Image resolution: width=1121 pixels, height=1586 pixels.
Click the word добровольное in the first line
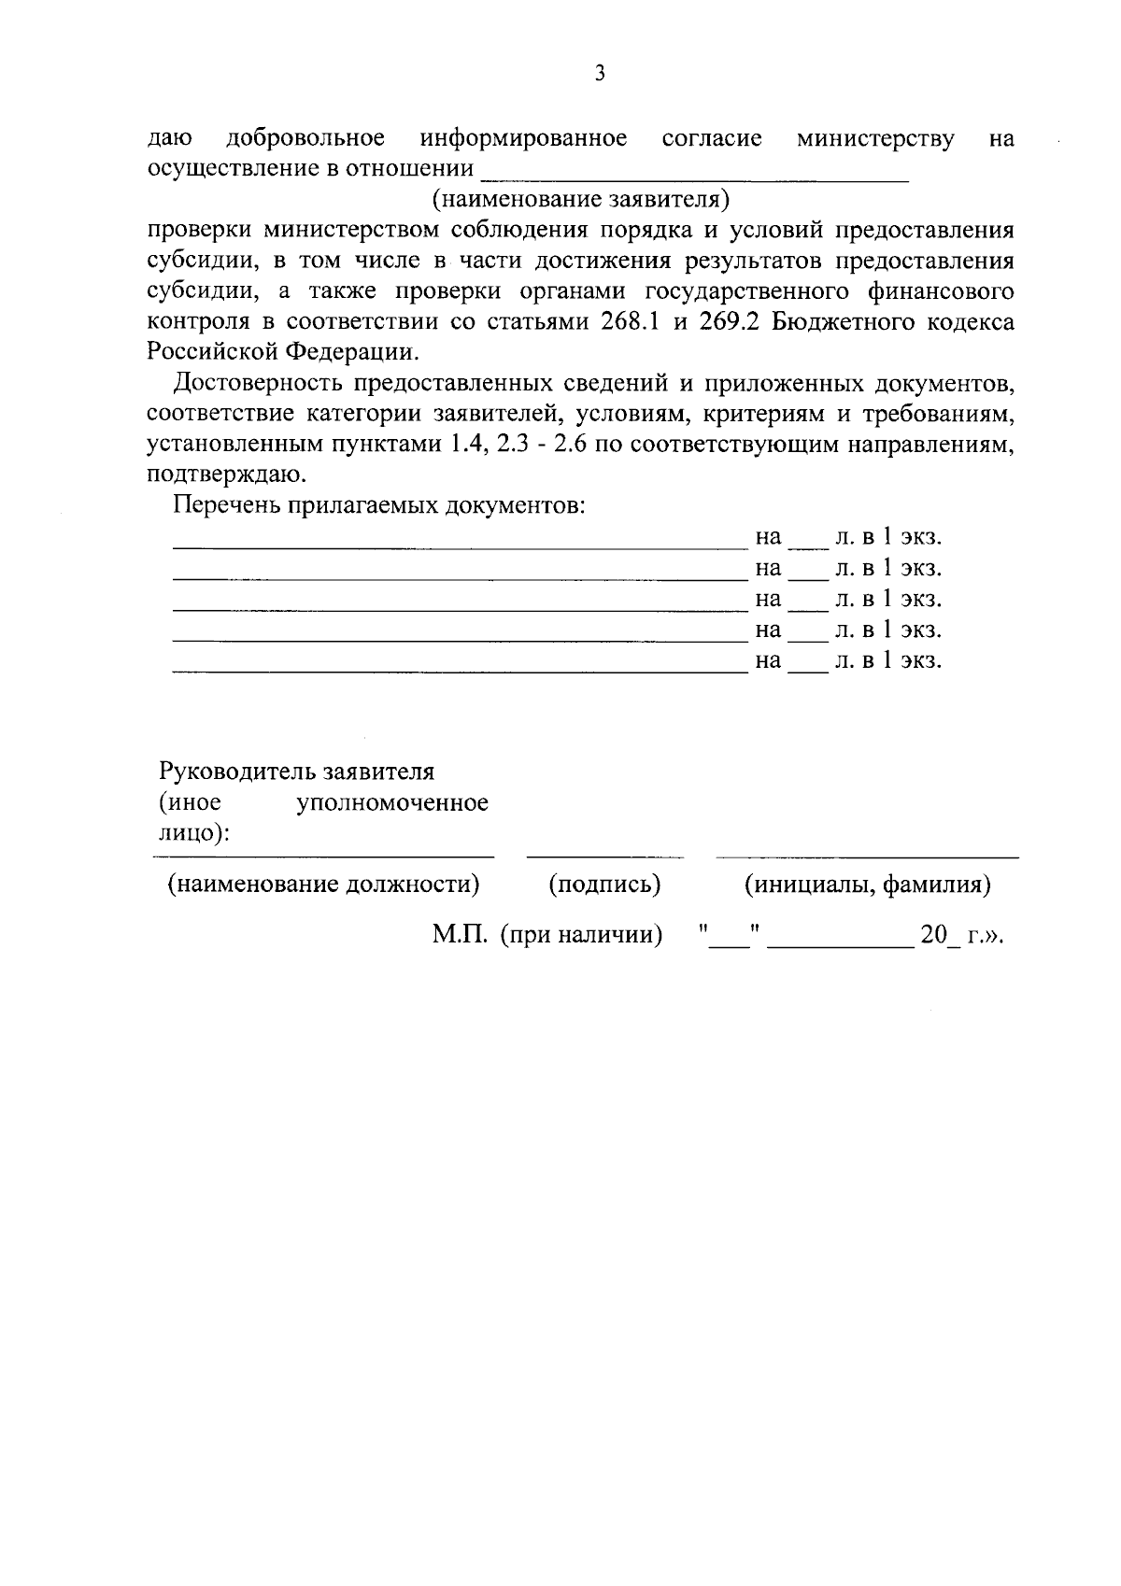(305, 139)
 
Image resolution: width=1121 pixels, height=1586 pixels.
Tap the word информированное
(523, 139)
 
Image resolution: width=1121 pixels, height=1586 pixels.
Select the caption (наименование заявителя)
(579, 199)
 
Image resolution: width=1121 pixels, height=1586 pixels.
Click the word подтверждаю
(227, 474)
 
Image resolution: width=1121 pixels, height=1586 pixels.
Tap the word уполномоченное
(392, 803)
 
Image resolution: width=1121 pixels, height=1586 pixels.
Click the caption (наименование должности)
(323, 884)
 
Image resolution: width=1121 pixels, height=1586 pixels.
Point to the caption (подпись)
(605, 884)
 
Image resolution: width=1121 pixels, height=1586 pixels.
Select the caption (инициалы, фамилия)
(867, 884)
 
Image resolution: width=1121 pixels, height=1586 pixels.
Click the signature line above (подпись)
(605, 856)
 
